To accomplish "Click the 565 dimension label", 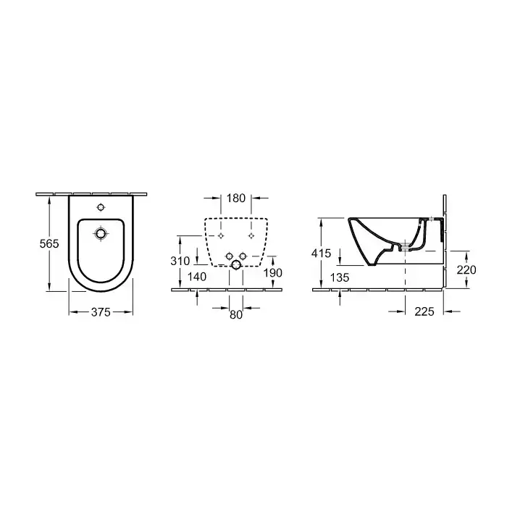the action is [x=49, y=243].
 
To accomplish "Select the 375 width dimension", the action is [x=101, y=312].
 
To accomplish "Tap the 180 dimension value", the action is [x=236, y=198].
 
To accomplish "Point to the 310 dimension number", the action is [x=180, y=261].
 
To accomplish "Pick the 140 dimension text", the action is [x=197, y=277].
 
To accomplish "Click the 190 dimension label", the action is [x=273, y=273].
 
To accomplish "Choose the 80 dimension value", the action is [x=236, y=314].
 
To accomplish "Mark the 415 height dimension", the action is [x=321, y=253].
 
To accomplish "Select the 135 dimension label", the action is [x=340, y=277].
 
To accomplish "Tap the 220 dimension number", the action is [x=466, y=269].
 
